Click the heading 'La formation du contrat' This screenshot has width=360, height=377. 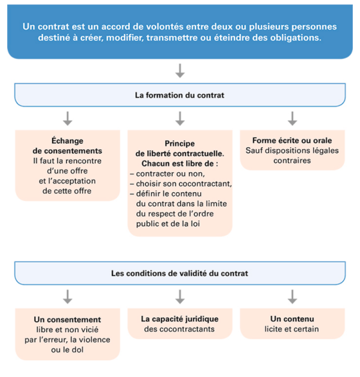point(179,95)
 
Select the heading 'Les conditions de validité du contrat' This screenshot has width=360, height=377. point(179,273)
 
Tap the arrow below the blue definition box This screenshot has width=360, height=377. point(180,71)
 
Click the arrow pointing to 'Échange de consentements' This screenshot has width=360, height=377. point(68,118)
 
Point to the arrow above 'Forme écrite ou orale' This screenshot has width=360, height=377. point(292,118)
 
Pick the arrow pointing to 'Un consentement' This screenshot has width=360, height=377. point(68,297)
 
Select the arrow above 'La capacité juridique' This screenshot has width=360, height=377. point(180,297)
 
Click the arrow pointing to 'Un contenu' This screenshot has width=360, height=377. point(292,297)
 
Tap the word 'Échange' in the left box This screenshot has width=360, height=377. point(68,141)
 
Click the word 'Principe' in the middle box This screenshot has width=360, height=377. point(180,144)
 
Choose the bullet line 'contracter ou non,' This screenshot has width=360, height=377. point(168,174)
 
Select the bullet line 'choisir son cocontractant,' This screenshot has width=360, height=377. point(181,184)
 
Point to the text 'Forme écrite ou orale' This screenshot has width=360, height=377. point(292,141)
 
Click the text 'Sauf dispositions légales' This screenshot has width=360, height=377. point(292,151)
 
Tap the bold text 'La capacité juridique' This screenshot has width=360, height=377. point(180,319)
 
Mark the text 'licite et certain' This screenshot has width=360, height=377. point(292,329)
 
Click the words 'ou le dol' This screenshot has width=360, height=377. point(68,349)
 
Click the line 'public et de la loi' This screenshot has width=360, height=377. point(168,224)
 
